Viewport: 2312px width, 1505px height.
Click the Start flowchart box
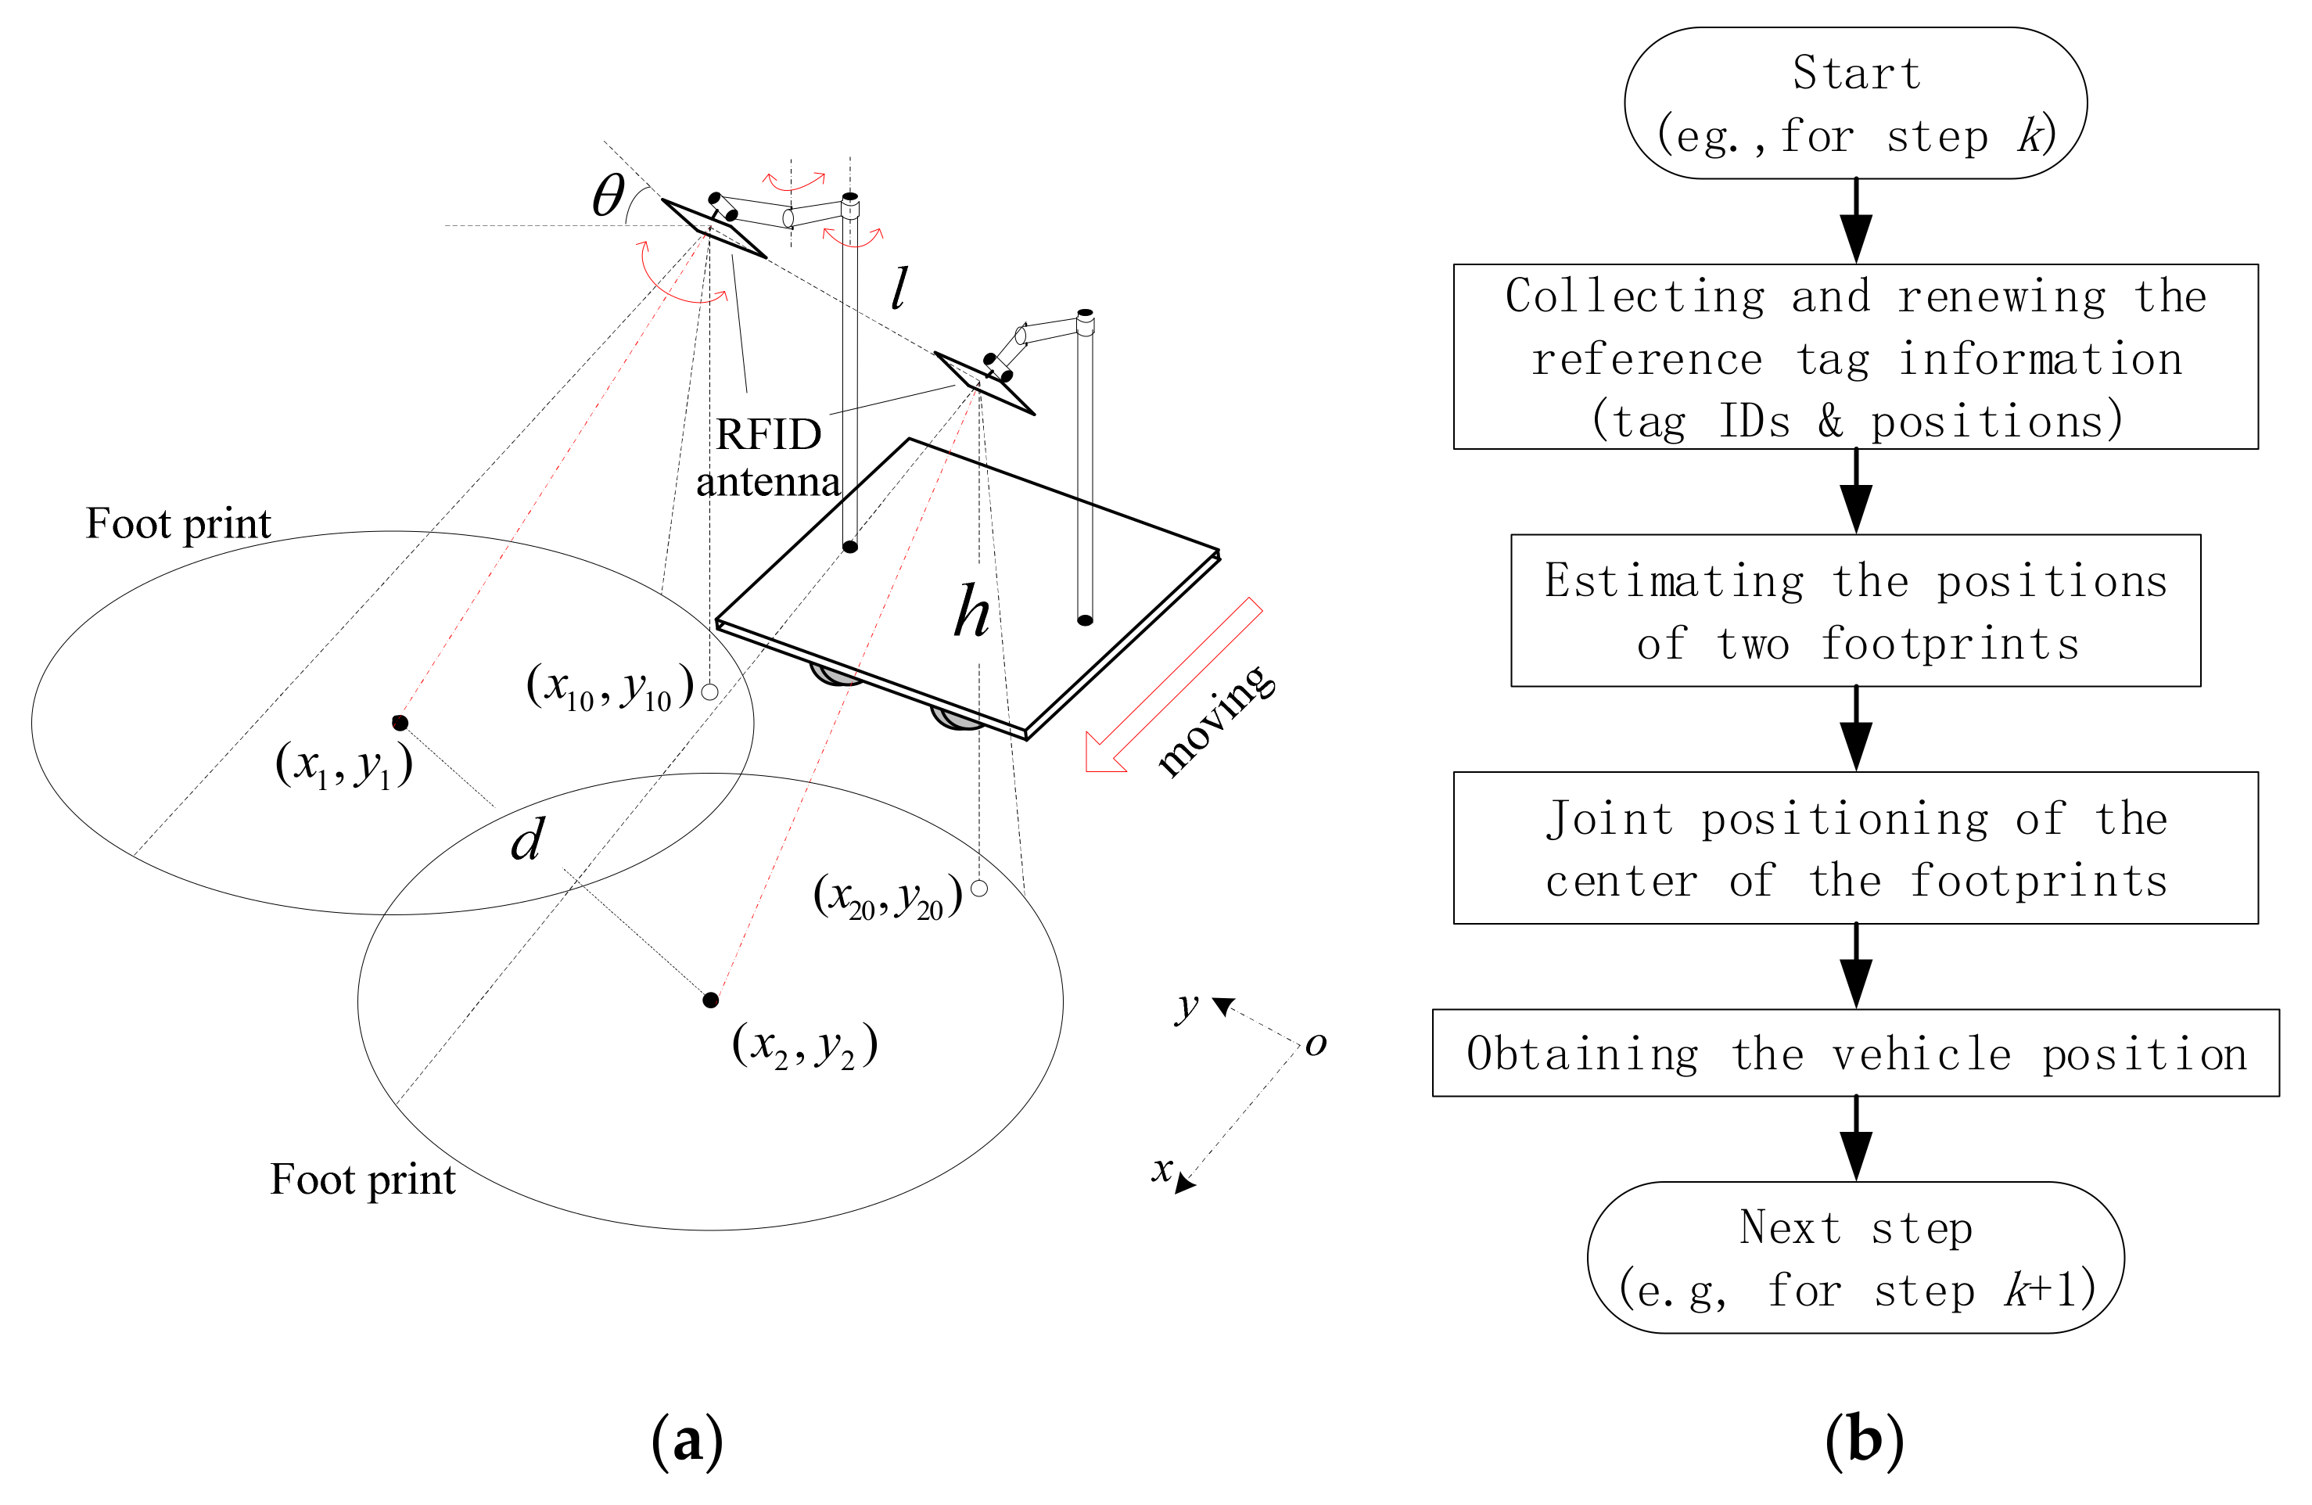pos(1855,103)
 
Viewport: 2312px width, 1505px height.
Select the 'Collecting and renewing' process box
pos(1855,357)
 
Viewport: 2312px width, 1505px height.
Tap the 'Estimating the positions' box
pos(1855,610)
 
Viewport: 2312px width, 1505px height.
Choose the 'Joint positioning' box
pos(1855,847)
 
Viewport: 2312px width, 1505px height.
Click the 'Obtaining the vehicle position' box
pos(1855,1053)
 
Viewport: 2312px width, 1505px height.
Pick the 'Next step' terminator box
pos(1855,1257)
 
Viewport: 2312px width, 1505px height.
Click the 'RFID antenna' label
pos(768,458)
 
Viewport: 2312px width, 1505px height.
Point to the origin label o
pos(1316,1044)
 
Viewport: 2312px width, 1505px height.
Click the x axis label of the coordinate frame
pos(1161,1169)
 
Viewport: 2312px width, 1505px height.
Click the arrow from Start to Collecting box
pos(1855,221)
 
